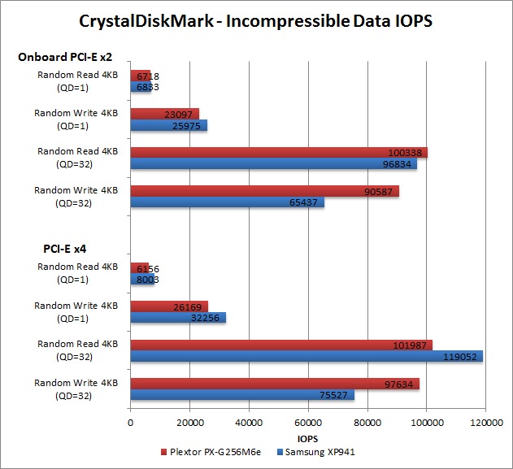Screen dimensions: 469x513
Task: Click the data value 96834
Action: pyautogui.click(x=401, y=164)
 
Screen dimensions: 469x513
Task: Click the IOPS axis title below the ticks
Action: pyautogui.click(x=308, y=436)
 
